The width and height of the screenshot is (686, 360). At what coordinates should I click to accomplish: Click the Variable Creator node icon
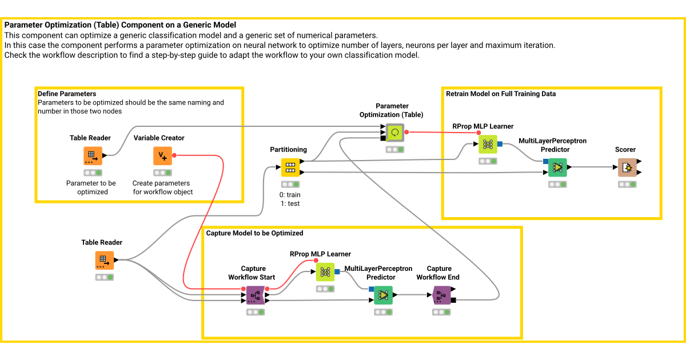coord(162,156)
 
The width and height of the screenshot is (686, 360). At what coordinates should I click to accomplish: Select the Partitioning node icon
coord(290,167)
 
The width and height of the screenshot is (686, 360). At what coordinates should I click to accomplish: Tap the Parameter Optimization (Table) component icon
coord(394,133)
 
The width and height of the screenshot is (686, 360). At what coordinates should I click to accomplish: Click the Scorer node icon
coord(627,167)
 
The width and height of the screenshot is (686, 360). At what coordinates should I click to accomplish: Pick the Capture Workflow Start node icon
coord(255,295)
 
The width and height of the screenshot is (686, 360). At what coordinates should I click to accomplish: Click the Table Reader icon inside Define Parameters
coord(93,156)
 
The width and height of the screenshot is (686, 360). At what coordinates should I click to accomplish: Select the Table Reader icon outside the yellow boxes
coord(105,261)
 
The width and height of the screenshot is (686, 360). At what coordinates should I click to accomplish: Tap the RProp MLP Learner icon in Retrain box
coord(488,144)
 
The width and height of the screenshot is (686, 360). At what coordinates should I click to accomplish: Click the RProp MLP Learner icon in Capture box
coord(325,271)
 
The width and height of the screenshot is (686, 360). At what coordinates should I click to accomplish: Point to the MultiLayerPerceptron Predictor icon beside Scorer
coord(557,167)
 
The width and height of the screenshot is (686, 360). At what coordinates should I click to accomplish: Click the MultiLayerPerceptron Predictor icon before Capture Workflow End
coord(383,295)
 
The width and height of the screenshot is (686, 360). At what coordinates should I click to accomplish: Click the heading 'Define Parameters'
coord(67,94)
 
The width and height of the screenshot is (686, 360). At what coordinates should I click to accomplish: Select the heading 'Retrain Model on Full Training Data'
coord(501,94)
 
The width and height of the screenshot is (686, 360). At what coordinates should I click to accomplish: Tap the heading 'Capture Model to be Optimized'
coord(254,233)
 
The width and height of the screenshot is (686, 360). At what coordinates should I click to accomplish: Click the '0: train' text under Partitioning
coord(290,195)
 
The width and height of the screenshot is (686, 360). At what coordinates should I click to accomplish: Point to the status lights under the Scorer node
coord(627,185)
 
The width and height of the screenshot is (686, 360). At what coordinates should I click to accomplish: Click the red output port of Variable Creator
coord(174,155)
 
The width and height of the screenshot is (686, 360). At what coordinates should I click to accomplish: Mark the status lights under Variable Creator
coord(162,173)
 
